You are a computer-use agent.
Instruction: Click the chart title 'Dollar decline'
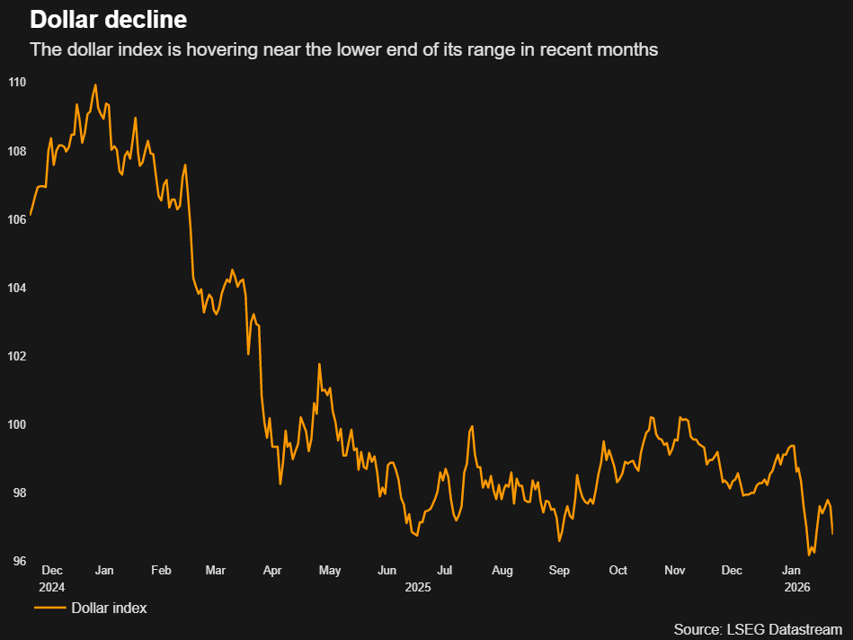[109, 19]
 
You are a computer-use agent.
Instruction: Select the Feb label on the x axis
[161, 571]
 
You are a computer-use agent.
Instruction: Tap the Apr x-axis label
[273, 571]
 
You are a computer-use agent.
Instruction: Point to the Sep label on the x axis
[559, 571]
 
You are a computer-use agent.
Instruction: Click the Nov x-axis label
[675, 571]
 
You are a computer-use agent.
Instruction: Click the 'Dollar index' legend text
[109, 609]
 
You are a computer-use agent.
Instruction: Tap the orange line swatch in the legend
[49, 609]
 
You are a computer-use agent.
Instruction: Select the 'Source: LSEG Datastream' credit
[757, 628]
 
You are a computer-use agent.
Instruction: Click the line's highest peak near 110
[95, 84]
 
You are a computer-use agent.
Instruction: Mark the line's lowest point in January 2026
[810, 556]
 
